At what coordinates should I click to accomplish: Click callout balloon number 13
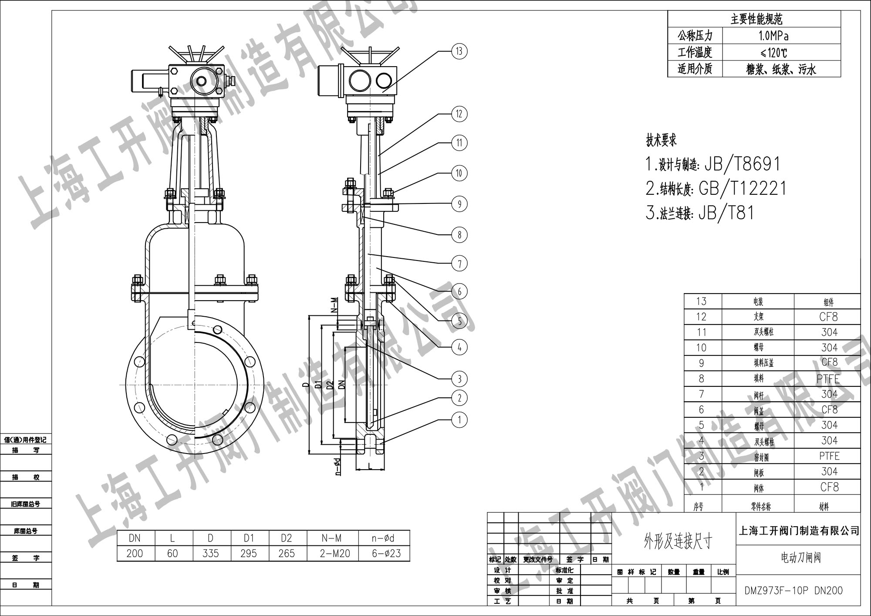tap(459, 51)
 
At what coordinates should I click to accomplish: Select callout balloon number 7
tap(459, 263)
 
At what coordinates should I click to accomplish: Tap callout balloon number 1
tap(459, 420)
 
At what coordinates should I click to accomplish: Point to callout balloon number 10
tap(459, 173)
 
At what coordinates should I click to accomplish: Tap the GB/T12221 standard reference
tap(743, 189)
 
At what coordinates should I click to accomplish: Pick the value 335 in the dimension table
tap(210, 553)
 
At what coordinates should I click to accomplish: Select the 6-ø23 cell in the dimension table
tap(383, 553)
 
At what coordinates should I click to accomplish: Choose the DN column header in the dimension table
tap(135, 538)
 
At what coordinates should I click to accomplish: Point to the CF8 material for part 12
tap(828, 317)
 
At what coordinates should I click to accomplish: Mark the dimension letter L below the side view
tap(370, 466)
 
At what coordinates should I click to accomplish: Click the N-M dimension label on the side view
tap(334, 305)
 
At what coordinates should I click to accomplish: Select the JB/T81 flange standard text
tap(726, 213)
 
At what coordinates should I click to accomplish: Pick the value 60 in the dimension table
tap(172, 553)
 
